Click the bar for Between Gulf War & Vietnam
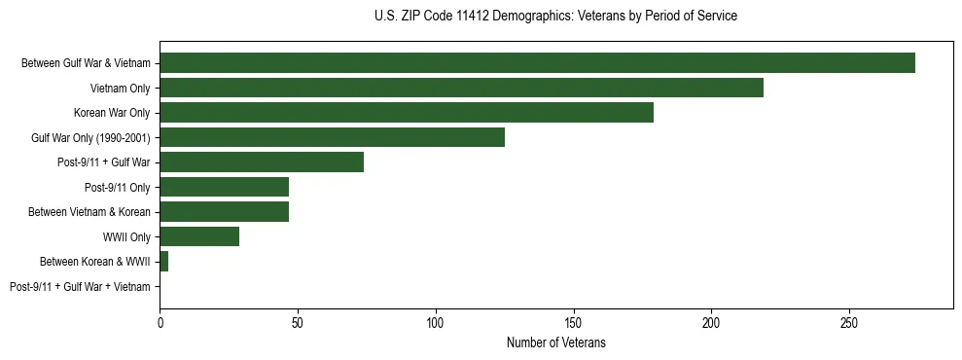(x=537, y=63)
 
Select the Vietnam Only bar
(x=461, y=88)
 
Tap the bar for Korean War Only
(x=407, y=113)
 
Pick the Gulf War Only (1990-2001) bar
(x=332, y=137)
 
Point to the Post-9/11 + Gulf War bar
(x=262, y=162)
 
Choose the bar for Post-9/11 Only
(x=224, y=187)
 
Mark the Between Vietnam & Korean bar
(x=224, y=211)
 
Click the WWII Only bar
(x=199, y=236)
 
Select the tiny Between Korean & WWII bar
(x=163, y=261)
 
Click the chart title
(x=555, y=17)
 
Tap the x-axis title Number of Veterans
(x=556, y=343)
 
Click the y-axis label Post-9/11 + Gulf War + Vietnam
(x=80, y=286)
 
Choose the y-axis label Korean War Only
(x=112, y=113)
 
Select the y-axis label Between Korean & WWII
(x=94, y=262)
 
